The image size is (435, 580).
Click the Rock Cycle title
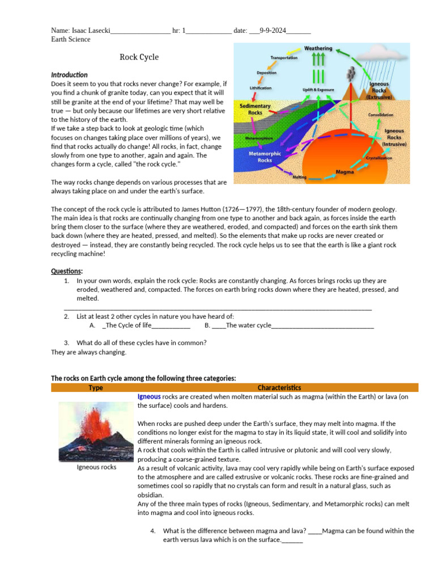coord(139,57)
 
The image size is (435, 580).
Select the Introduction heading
coord(69,75)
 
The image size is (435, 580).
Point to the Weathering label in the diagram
coord(318,49)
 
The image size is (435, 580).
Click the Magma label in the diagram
coord(345,170)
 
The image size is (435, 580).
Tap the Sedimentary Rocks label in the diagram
coord(255,109)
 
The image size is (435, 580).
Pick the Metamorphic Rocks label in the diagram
coord(265,156)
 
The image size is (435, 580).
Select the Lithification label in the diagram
coord(261,88)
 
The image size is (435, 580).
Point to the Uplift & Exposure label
coord(318,89)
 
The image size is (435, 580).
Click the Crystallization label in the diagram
coord(379,158)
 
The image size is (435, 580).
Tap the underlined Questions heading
coord(67,271)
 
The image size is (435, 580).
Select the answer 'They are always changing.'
coord(89,352)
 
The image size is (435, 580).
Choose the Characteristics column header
coord(279,387)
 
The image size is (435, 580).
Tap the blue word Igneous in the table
coord(149,396)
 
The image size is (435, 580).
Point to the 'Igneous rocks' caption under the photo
coord(96,467)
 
